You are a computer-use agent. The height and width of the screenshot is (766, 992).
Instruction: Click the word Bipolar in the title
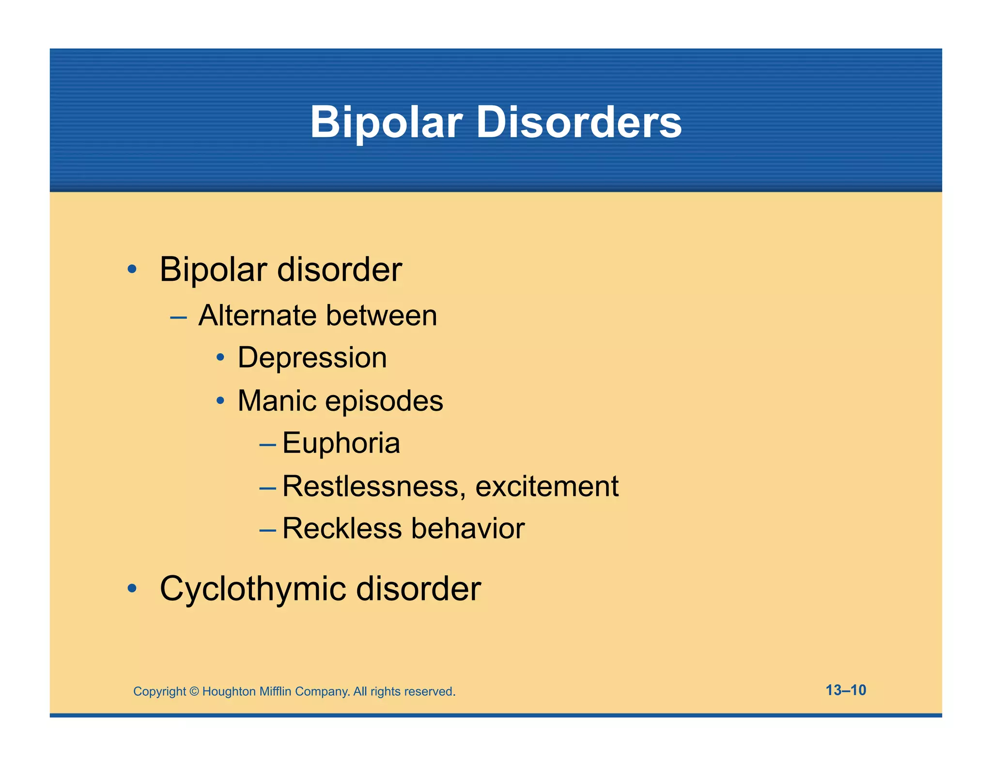point(386,122)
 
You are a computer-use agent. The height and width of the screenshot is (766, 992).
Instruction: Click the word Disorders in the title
point(579,122)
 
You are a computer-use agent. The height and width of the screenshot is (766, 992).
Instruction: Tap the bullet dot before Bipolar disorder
point(132,269)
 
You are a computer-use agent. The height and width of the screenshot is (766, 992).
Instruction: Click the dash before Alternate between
point(178,318)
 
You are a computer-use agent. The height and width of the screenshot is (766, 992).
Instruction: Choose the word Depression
point(312,358)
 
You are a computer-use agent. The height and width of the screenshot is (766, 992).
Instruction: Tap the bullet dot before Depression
point(220,358)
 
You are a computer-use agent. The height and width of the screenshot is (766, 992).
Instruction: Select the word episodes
point(384,402)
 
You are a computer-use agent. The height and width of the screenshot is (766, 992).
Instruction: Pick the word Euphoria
point(341,444)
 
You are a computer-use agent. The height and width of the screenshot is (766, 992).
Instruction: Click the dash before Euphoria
point(267,444)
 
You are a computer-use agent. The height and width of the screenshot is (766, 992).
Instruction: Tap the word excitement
point(547,486)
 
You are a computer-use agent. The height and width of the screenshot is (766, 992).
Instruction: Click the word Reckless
point(342,528)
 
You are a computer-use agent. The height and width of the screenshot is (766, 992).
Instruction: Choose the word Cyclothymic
point(253,590)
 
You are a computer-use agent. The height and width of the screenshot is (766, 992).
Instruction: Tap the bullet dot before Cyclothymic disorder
point(132,589)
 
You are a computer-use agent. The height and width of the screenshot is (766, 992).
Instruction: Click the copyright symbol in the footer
point(194,691)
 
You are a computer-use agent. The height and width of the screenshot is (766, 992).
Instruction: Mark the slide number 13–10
point(846,690)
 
